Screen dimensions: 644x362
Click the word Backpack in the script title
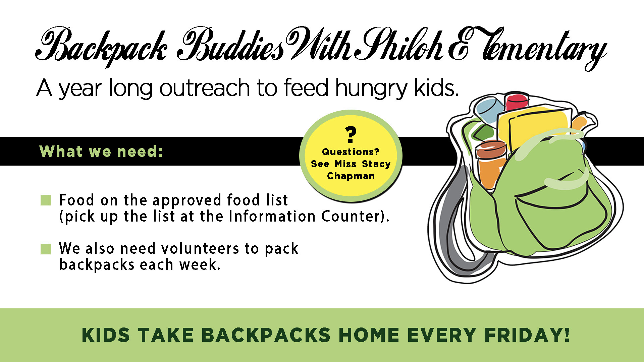101,47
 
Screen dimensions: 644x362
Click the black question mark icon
351,135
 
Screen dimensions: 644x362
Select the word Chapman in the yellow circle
351,176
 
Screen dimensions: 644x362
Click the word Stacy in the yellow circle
376,164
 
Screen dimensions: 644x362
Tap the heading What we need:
101,152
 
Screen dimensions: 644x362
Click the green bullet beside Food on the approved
46,200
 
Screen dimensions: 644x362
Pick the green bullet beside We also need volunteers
46,249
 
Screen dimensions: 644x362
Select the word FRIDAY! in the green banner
527,335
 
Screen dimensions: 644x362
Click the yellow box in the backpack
535,127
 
